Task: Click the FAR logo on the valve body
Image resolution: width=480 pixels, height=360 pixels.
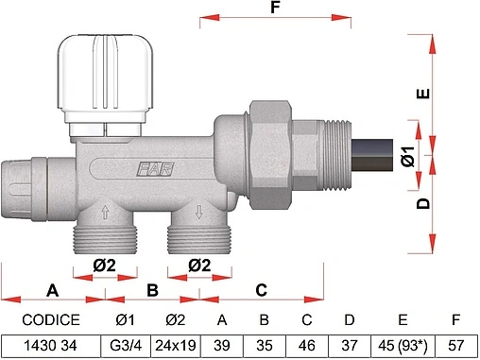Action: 155,169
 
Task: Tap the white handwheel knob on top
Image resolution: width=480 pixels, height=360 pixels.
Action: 105,77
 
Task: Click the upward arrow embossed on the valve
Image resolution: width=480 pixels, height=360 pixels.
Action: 105,212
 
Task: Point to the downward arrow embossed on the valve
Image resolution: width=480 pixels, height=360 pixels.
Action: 199,212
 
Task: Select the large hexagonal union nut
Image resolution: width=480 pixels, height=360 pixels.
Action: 270,155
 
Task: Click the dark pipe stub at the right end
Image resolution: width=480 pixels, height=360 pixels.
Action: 372,155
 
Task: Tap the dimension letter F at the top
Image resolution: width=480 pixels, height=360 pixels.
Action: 275,8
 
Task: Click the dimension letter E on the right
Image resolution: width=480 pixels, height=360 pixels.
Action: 423,94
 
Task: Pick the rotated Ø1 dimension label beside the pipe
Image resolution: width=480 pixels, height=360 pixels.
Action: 408,156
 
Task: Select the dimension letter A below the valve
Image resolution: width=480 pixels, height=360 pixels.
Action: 52,290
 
